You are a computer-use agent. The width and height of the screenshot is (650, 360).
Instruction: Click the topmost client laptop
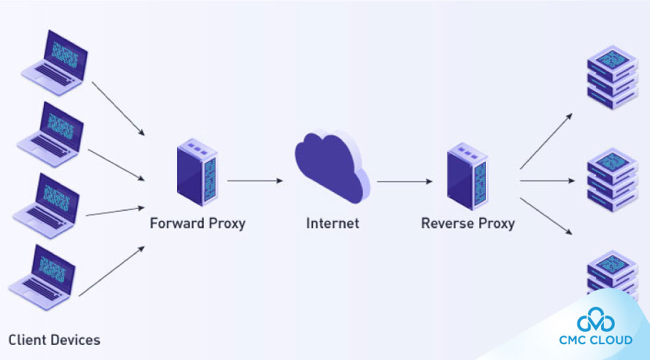pyautogui.click(x=54, y=59)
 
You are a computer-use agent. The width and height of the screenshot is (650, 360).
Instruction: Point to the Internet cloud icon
pyautogui.click(x=332, y=168)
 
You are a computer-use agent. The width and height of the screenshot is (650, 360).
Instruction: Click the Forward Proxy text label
pyautogui.click(x=197, y=223)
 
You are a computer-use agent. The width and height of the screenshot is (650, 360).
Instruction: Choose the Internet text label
pyautogui.click(x=332, y=223)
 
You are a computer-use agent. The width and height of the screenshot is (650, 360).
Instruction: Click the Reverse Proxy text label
pyautogui.click(x=467, y=223)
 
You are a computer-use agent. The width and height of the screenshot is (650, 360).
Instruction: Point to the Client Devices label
pyautogui.click(x=55, y=339)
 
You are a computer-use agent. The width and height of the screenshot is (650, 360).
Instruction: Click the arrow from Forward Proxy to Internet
pyautogui.click(x=255, y=181)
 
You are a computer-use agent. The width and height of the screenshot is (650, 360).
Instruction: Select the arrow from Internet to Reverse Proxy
pyautogui.click(x=404, y=181)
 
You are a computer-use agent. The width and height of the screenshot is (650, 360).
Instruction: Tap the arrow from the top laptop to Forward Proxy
pyautogui.click(x=119, y=108)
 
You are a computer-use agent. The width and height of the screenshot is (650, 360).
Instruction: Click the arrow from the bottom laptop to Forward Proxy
pyautogui.click(x=112, y=271)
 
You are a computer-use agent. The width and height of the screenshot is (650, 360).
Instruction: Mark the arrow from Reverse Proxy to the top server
pyautogui.click(x=547, y=140)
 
